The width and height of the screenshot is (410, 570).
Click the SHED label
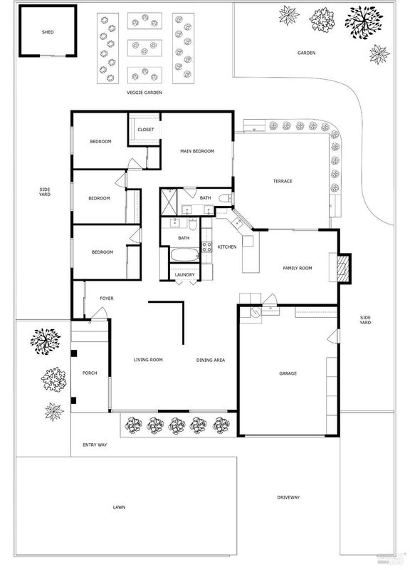48,32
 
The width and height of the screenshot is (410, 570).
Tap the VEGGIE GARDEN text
144,93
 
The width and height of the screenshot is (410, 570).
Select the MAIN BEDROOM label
197,151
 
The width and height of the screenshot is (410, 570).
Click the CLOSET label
146,130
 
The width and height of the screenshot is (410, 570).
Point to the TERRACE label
283,181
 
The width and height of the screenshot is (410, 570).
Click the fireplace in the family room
343,268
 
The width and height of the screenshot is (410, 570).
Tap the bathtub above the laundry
185,254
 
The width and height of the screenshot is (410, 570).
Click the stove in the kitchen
206,247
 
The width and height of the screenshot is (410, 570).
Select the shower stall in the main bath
169,202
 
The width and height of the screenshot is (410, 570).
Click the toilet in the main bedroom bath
226,199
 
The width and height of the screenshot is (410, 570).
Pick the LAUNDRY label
185,275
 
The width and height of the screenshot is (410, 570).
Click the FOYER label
107,299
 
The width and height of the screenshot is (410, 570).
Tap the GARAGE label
288,373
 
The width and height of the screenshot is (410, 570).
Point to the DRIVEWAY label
288,497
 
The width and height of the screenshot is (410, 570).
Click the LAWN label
119,507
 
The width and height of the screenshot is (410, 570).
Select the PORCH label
90,373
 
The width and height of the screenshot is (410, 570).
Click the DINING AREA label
211,361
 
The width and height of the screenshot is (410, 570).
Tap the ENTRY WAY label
95,445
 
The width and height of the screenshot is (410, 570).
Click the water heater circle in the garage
256,312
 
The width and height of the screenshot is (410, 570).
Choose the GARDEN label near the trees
307,53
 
